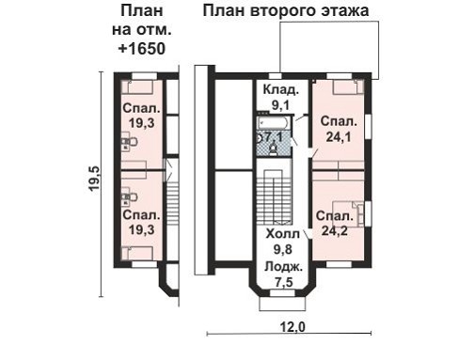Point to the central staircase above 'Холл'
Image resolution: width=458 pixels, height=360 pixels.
pyautogui.click(x=275, y=196)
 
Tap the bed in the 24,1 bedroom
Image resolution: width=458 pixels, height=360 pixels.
pyautogui.click(x=342, y=87)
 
